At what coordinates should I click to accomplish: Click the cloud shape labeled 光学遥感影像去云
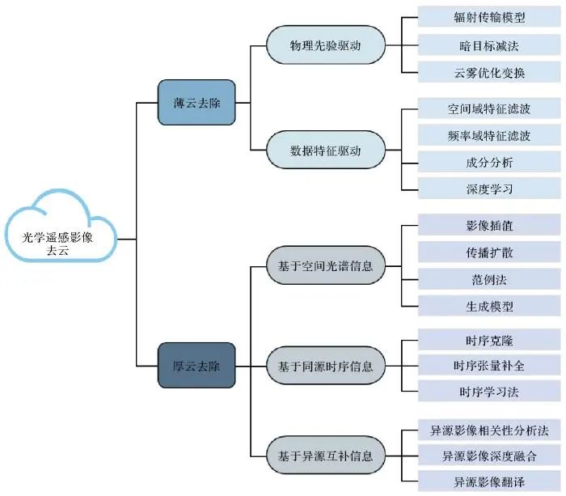61,227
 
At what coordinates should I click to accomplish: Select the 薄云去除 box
196,103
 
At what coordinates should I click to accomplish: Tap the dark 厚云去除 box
196,365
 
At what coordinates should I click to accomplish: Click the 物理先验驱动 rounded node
326,45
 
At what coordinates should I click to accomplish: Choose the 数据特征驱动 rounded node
326,150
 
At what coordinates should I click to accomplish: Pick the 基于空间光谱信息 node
326,266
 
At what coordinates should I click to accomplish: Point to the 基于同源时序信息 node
326,366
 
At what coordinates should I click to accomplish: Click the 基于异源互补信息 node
326,456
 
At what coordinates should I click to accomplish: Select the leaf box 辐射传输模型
489,17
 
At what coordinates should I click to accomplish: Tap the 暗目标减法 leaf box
489,45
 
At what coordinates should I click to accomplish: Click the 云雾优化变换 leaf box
489,72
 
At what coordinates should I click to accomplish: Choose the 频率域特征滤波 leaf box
489,135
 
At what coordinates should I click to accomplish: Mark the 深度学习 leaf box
489,189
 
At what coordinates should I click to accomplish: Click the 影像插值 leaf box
489,225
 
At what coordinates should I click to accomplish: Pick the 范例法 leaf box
489,279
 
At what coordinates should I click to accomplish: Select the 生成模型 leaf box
489,307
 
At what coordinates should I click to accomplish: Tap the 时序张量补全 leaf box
489,365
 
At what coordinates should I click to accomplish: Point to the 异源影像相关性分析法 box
489,430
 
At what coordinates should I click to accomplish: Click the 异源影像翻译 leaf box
489,481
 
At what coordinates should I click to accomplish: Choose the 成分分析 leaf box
489,162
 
